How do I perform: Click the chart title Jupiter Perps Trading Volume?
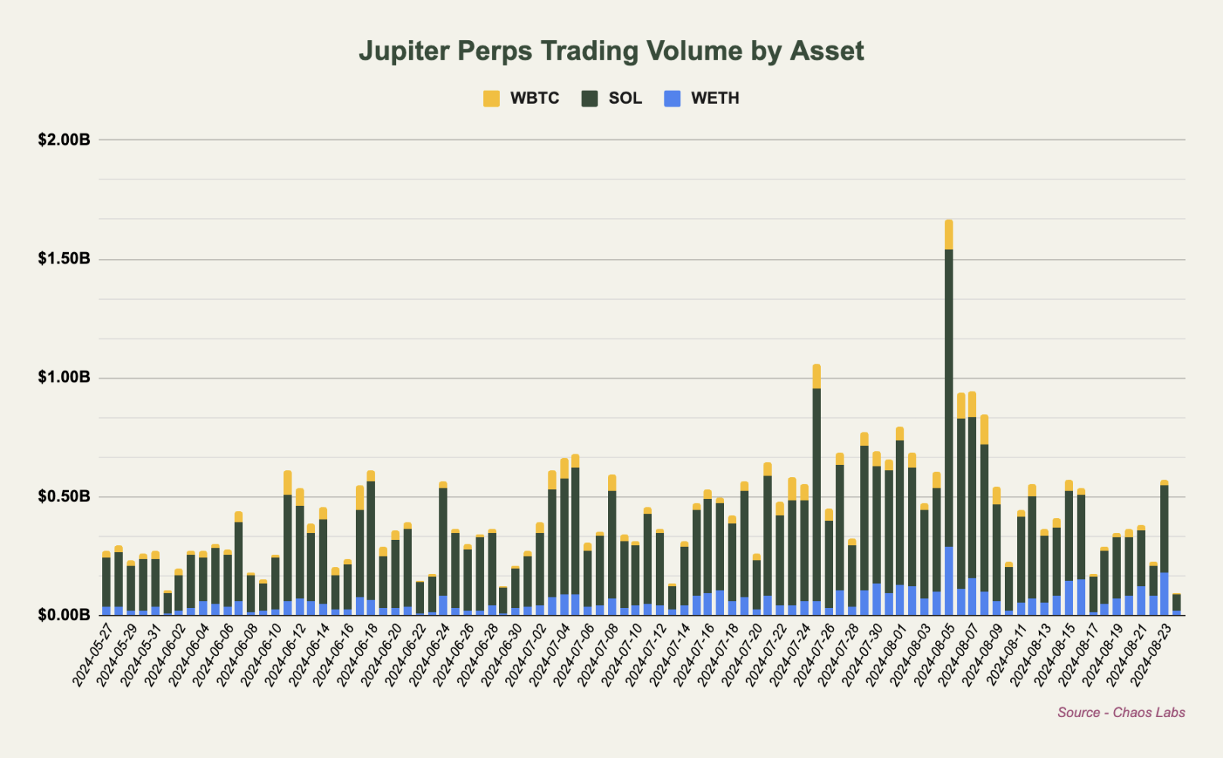point(610,51)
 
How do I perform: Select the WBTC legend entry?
point(522,98)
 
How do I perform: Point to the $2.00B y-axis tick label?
point(64,140)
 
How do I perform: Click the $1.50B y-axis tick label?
point(64,259)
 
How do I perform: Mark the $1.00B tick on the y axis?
point(64,378)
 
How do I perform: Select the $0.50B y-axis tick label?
point(64,497)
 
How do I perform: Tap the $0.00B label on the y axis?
point(64,615)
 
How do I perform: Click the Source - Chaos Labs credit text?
point(1121,713)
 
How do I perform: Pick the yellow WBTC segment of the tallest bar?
point(949,235)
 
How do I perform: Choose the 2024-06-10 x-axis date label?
point(262,655)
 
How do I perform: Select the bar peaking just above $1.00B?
point(816,492)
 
